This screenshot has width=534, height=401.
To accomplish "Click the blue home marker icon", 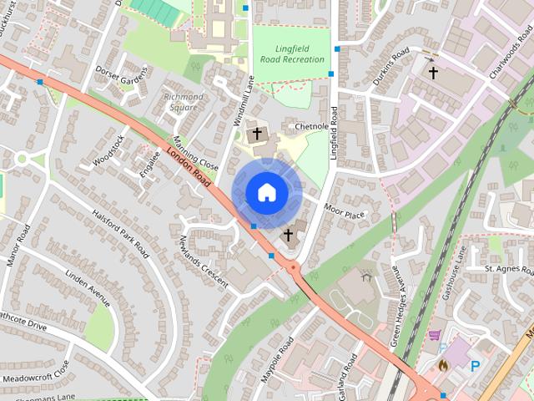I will click(266, 193).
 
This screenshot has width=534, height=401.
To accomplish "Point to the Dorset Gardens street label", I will click(121, 74).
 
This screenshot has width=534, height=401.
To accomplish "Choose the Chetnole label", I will click(314, 126).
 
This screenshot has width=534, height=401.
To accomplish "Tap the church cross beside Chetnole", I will click(257, 133).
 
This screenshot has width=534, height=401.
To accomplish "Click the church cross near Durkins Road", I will click(432, 74).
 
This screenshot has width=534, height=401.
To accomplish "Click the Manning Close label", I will click(196, 155).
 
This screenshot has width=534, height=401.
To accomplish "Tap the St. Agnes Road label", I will click(509, 270).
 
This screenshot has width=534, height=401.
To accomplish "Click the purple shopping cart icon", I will click(434, 335).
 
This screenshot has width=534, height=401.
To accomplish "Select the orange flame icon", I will click(443, 365).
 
